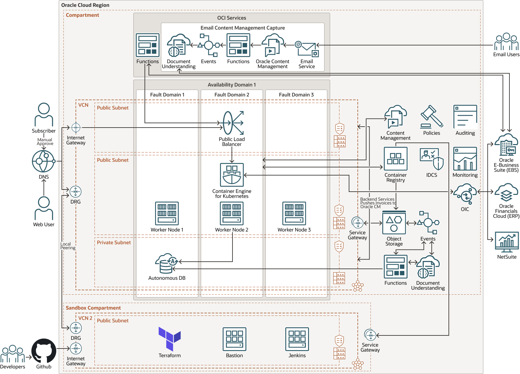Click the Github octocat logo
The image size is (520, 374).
click(x=44, y=351)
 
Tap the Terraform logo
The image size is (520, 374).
click(x=169, y=339)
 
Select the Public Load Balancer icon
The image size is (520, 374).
click(x=232, y=123)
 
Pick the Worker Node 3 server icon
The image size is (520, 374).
click(x=294, y=213)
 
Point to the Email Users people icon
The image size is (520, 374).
click(x=506, y=42)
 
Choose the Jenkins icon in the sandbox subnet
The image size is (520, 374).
click(x=297, y=339)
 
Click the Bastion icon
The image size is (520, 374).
click(x=234, y=339)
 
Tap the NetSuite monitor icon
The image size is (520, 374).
click(x=507, y=242)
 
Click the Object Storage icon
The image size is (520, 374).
click(x=394, y=222)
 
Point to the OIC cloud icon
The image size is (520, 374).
click(x=465, y=194)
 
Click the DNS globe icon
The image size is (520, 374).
click(x=44, y=161)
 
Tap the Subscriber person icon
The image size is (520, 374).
click(x=44, y=115)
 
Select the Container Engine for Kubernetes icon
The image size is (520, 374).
click(x=232, y=175)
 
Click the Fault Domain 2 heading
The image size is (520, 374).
click(x=232, y=95)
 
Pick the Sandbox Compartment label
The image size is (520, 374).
click(x=93, y=308)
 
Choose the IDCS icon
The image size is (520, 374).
click(x=431, y=159)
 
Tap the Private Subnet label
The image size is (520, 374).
click(x=114, y=242)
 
